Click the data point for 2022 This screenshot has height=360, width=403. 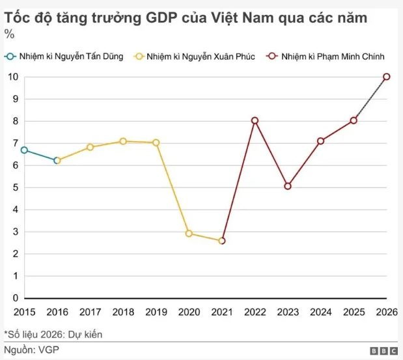[x=255, y=120]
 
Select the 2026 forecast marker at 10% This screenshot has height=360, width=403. [x=387, y=77]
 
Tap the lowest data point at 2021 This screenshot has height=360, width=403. [x=222, y=241]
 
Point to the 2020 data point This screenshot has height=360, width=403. [x=189, y=233]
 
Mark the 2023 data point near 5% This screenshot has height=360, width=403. [x=288, y=186]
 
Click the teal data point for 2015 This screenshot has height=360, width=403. [x=24, y=150]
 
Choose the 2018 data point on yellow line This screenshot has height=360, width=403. [x=123, y=141]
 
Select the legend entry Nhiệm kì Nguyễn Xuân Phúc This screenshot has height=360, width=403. [x=195, y=57]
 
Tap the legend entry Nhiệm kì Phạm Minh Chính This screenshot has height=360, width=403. [x=326, y=57]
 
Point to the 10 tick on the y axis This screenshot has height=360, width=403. [x=12, y=77]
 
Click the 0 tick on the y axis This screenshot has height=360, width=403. [x=15, y=298]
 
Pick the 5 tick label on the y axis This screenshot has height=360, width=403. [x=15, y=187]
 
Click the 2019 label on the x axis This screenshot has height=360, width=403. [x=156, y=312]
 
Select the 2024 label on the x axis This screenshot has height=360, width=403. [x=320, y=312]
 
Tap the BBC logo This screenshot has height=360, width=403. [x=383, y=351]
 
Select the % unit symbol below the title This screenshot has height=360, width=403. [x=9, y=35]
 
